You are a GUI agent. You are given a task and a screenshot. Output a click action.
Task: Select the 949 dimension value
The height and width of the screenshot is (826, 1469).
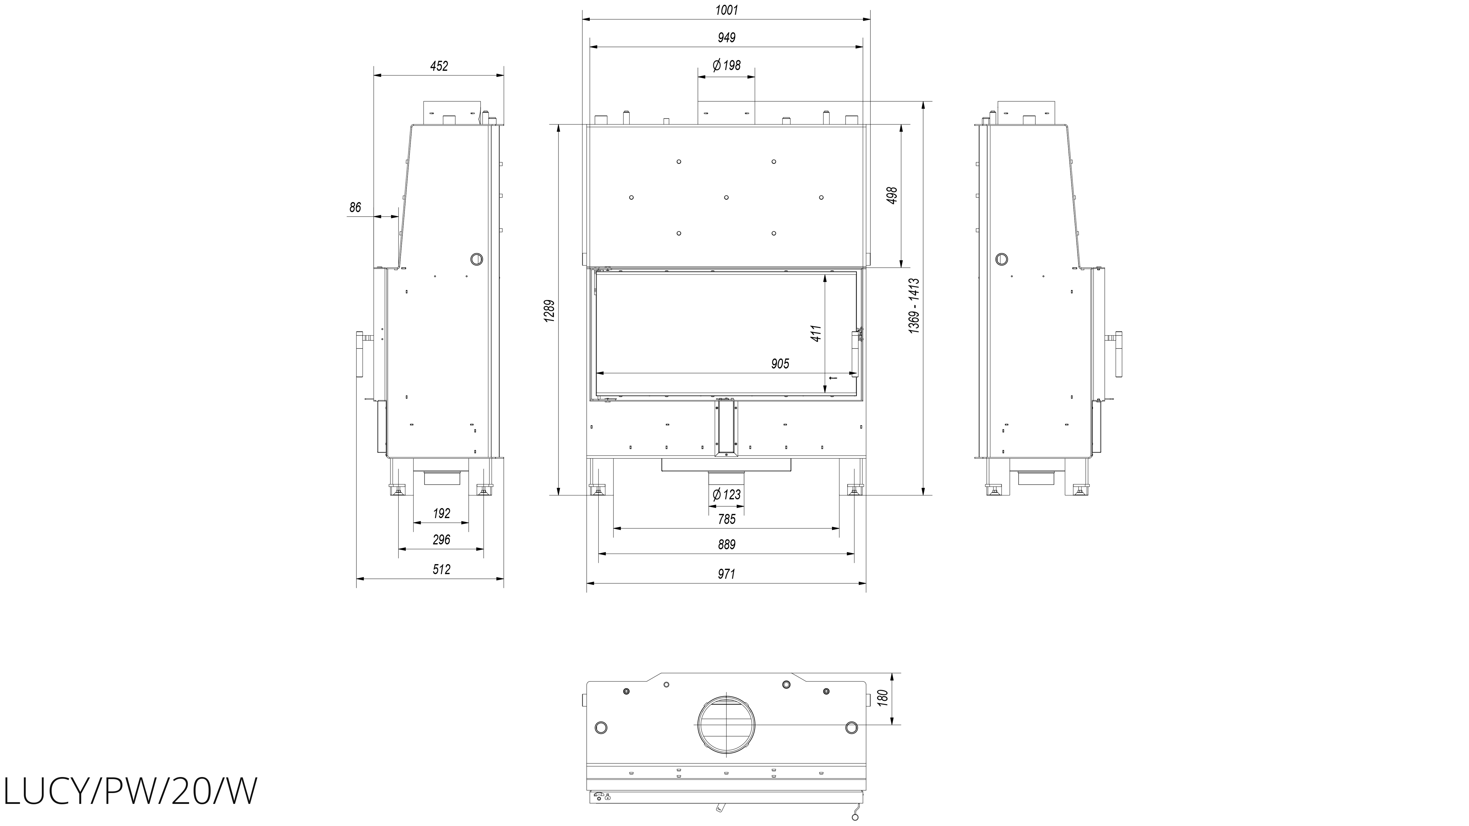pos(727,38)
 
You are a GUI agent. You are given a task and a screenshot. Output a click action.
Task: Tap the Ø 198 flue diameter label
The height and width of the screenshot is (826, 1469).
pos(727,66)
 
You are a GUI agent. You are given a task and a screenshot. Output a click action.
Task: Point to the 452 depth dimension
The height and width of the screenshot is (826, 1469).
pos(439,66)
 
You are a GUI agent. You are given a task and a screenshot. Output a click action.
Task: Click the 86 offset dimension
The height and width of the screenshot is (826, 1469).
pos(355,207)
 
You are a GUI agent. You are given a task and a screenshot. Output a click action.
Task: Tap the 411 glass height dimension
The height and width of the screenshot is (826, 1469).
pos(816,334)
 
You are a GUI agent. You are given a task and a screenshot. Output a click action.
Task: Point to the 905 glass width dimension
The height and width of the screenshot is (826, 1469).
pos(780,364)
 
